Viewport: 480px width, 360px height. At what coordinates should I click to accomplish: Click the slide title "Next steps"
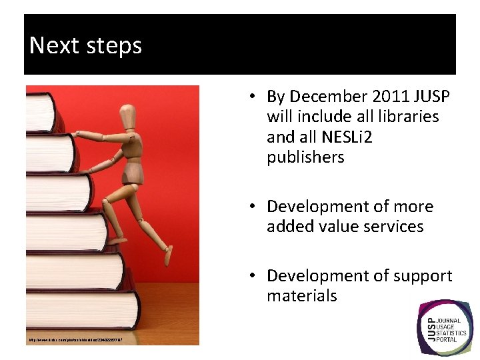pyautogui.click(x=86, y=45)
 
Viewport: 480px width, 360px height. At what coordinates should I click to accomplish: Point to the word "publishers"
pyautogui.click(x=305, y=157)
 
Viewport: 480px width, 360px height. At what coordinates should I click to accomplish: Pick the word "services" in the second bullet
pyautogui.click(x=391, y=227)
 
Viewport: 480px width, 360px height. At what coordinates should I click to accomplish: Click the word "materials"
pyautogui.click(x=301, y=295)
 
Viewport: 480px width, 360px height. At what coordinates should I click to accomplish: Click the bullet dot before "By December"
pyautogui.click(x=255, y=97)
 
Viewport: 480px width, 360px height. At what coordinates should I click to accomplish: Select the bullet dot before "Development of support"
pyautogui.click(x=255, y=275)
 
